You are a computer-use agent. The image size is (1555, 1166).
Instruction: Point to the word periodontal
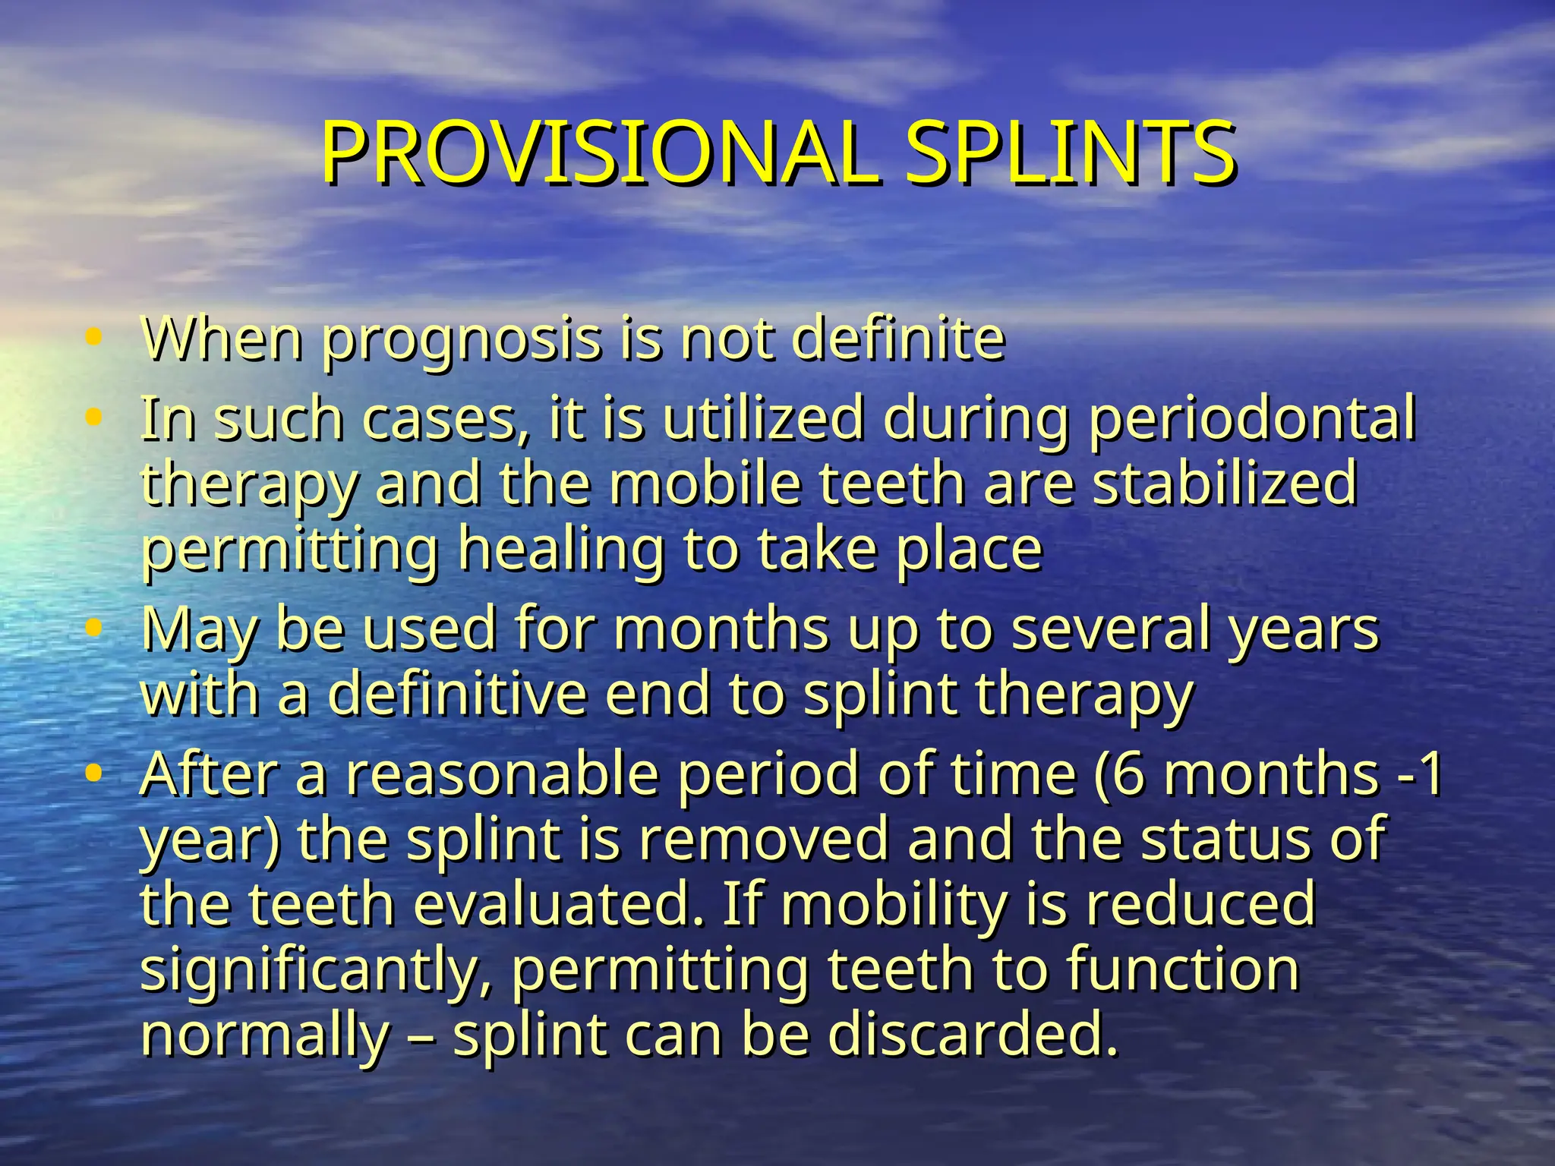1252,418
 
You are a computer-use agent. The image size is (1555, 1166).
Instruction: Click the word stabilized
1224,484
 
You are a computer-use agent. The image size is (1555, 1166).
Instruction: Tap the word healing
561,550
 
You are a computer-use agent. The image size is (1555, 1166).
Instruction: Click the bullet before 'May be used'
93,628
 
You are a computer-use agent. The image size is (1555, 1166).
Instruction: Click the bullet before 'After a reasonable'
93,774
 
